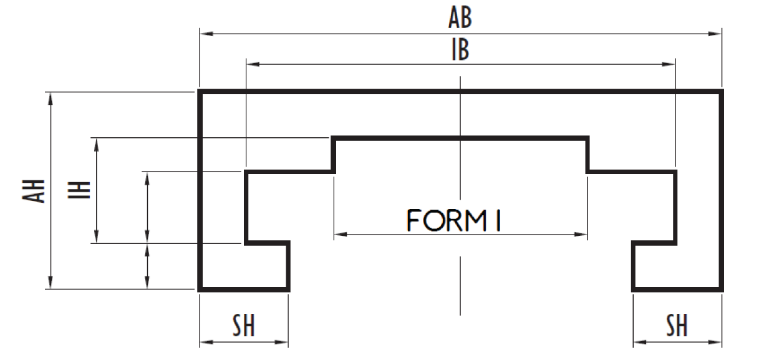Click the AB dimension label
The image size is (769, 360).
click(460, 19)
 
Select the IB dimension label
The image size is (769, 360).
click(460, 50)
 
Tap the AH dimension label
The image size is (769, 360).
click(39, 190)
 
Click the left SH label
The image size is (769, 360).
click(243, 326)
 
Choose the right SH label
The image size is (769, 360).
click(677, 326)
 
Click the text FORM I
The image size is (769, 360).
click(455, 221)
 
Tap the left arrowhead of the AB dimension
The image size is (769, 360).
click(203, 32)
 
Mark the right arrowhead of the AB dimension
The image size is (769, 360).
click(717, 32)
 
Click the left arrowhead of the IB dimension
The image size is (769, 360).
click(251, 64)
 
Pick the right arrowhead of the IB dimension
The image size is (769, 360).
click(671, 64)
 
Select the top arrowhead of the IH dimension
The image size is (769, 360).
click(96, 142)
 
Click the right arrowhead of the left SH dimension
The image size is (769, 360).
click(284, 342)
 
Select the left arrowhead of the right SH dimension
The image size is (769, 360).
click(637, 342)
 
